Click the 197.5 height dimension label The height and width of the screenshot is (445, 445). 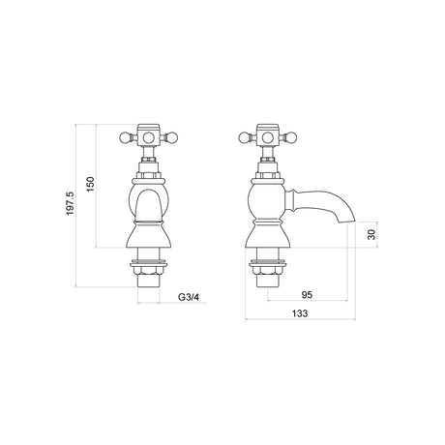coord(71,204)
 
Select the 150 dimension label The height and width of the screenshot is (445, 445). coord(91,184)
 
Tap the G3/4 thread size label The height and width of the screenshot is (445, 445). coord(189,297)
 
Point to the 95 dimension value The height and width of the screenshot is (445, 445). coord(307,295)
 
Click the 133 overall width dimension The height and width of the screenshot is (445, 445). coord(300,313)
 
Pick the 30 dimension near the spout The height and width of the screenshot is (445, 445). coord(371,234)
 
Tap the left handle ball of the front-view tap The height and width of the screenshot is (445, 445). coord(124,138)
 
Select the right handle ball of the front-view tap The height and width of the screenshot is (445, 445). coord(173,138)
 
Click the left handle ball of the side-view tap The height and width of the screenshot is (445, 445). coord(244,138)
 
